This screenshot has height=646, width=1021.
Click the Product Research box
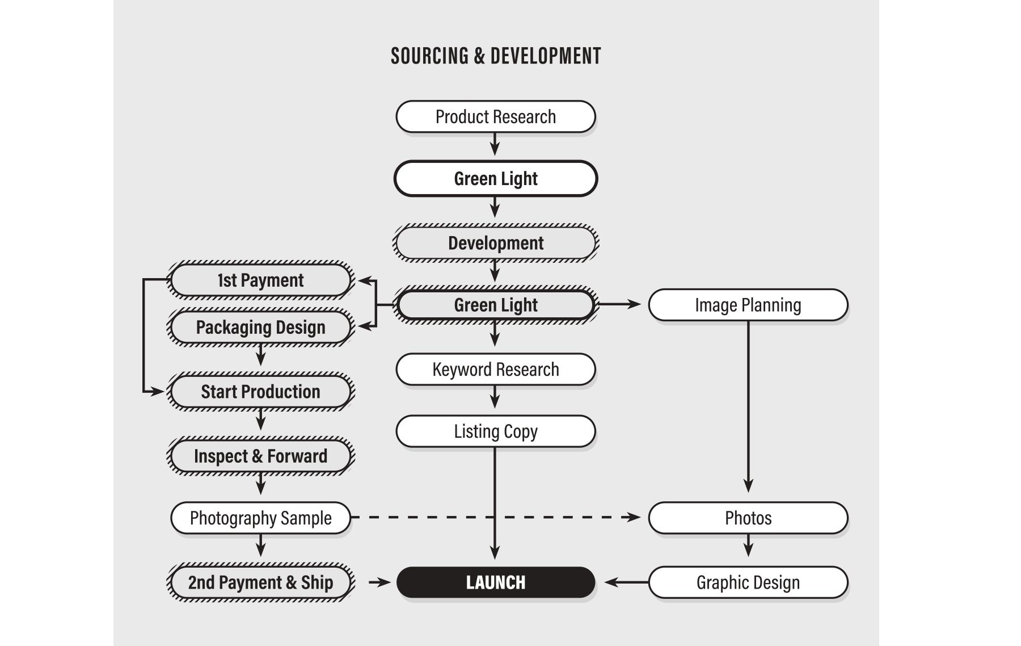[x=496, y=117]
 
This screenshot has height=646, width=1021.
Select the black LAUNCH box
[x=496, y=582]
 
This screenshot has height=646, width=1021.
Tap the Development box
[x=496, y=243]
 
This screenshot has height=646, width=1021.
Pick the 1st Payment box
[x=261, y=280]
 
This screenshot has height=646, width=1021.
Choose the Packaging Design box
[x=261, y=328]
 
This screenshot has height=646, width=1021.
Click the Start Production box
[x=261, y=392]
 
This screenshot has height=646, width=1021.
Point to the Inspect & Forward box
[x=261, y=456]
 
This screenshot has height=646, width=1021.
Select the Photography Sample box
[x=261, y=518]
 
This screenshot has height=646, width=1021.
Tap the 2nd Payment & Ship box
[x=261, y=582]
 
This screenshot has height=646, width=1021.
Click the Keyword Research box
[x=496, y=370]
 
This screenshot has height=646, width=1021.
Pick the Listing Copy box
[x=496, y=431]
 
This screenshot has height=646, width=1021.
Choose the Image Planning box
[x=748, y=305]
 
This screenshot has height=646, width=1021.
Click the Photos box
[x=748, y=518]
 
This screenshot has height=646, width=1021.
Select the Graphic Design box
[x=748, y=582]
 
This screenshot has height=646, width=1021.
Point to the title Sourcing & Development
[x=496, y=56]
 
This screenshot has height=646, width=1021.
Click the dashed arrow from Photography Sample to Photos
[x=496, y=518]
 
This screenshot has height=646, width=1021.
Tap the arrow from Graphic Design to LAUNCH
[x=626, y=582]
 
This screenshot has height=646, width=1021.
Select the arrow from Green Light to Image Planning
[x=618, y=305]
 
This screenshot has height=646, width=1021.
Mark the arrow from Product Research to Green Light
[x=495, y=144]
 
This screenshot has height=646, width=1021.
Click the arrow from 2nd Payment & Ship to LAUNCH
[x=379, y=582]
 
